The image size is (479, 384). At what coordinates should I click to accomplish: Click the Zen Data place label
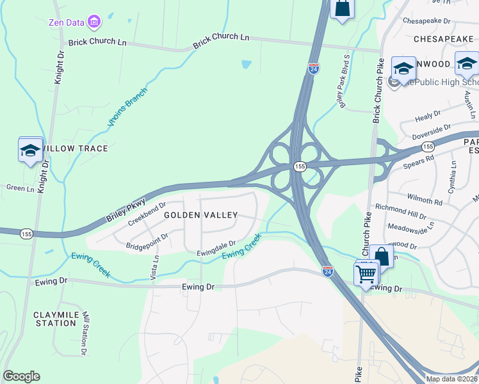click(67, 23)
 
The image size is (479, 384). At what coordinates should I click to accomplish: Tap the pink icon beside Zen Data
click(95, 23)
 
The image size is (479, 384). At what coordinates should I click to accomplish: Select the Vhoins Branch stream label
click(127, 106)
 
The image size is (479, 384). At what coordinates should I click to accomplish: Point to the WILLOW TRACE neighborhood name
click(76, 148)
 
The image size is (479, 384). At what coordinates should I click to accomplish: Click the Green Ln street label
click(20, 188)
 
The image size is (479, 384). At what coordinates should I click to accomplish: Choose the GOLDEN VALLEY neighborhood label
click(200, 216)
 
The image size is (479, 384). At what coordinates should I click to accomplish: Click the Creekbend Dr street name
click(147, 214)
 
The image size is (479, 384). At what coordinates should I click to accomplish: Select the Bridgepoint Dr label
click(147, 241)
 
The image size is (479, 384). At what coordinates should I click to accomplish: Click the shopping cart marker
click(366, 273)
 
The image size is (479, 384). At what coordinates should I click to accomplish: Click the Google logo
click(21, 376)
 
